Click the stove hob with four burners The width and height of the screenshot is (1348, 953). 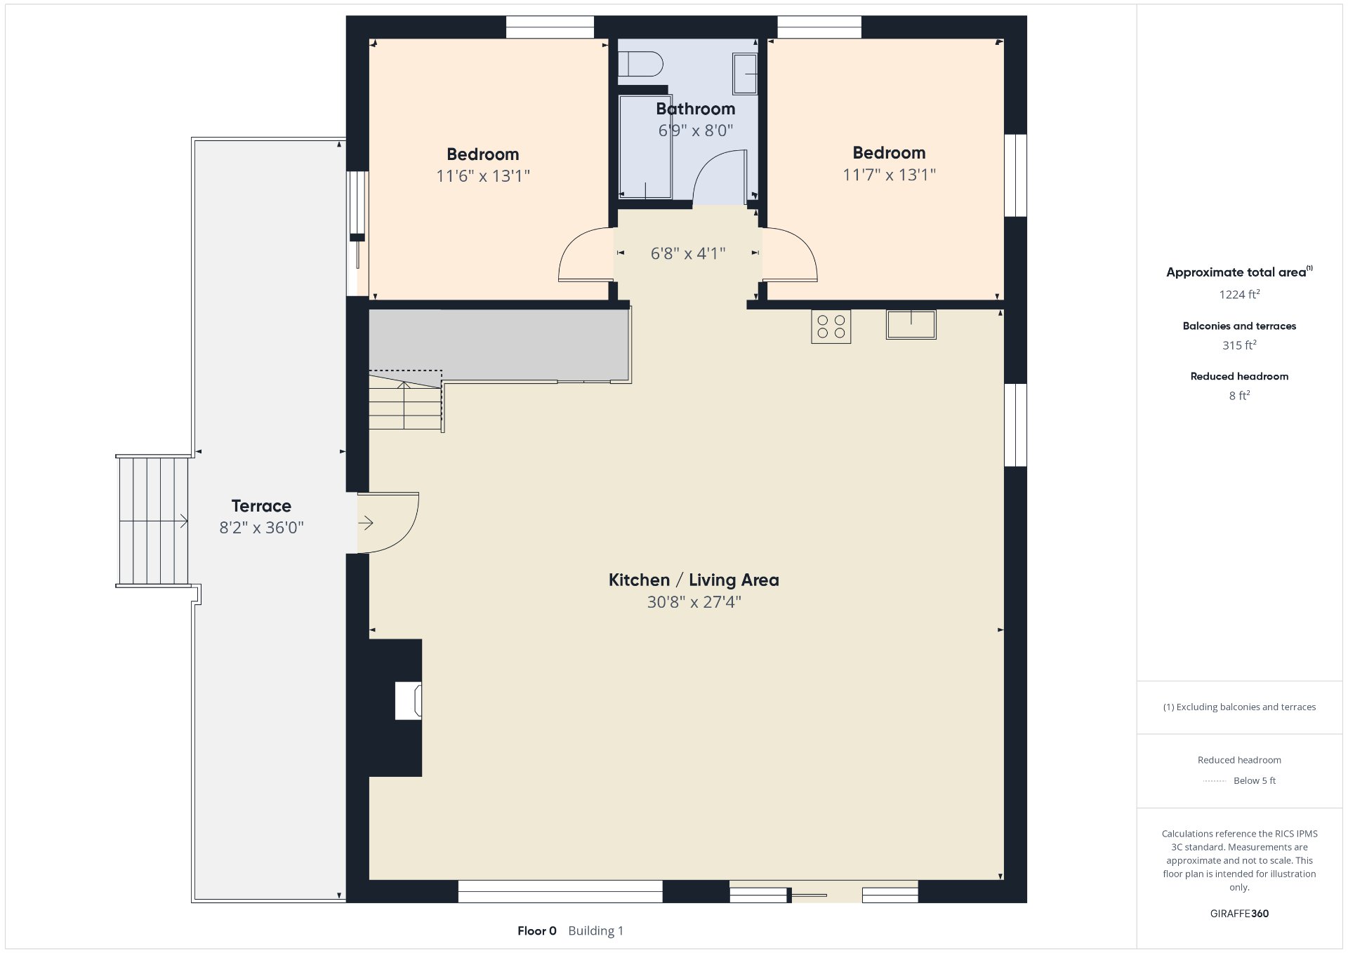831,326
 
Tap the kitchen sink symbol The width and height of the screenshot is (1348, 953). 911,325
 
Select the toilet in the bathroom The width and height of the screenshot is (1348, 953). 640,64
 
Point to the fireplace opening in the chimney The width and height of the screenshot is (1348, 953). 408,700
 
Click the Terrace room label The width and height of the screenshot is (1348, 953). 261,506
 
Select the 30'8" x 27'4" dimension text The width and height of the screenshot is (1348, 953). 694,602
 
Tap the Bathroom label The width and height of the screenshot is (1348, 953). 696,109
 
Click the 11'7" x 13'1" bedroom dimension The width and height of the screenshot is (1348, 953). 889,175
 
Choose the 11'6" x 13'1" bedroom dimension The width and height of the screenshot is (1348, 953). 483,176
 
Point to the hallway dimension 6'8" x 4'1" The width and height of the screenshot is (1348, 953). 688,253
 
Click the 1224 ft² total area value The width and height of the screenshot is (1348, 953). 1239,295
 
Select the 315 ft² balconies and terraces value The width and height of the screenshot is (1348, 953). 1239,345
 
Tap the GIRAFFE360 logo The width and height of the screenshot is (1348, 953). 1239,914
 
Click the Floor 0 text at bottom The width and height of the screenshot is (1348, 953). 537,931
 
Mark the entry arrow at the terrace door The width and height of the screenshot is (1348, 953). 366,523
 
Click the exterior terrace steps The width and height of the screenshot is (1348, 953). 153,521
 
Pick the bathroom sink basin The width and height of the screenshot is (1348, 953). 745,73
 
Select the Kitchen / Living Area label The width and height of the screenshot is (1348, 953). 694,580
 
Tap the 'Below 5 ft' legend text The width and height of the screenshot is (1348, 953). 1255,780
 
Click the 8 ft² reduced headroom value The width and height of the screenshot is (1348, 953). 1239,396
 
